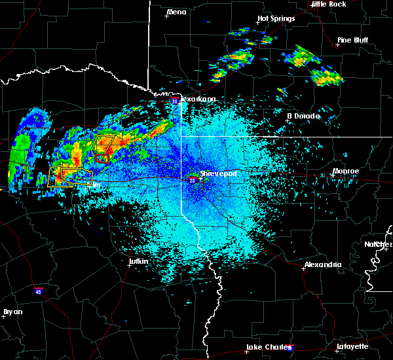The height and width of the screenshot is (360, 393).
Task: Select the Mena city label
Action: [176, 12]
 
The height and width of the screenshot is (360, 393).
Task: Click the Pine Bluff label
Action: [352, 40]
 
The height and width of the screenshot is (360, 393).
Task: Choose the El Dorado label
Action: [303, 116]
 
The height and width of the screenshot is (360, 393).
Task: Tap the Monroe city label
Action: [346, 171]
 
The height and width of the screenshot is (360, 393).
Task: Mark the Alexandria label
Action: [323, 264]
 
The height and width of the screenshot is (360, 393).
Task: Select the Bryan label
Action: [13, 312]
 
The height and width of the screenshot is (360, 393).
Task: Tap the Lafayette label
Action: [352, 346]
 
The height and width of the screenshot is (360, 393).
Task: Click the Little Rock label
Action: [328, 4]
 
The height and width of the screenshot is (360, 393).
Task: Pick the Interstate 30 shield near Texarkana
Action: [175, 101]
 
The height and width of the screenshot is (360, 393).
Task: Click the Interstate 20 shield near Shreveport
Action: [193, 180]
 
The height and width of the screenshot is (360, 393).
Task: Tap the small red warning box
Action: [101, 158]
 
